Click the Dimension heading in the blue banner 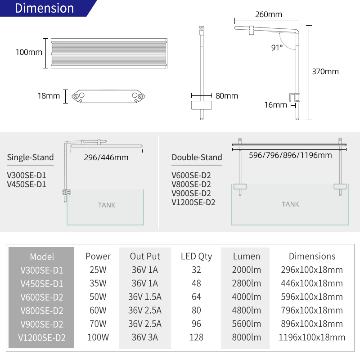point(44,9)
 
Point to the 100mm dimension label point(29,52)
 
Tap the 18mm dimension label point(49,96)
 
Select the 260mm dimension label point(268,15)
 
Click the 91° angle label point(277,47)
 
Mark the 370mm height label point(325,72)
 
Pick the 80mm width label point(227,96)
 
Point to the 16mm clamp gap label point(275,105)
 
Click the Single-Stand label point(30,157)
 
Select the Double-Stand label point(197,157)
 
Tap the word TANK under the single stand point(107,205)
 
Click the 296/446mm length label point(106,157)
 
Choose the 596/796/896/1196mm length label point(290,155)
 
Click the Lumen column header point(246,256)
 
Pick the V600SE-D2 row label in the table point(41,297)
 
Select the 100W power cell point(98,337)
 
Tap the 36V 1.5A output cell point(144,297)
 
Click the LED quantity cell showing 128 point(196,337)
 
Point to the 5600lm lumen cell point(246,324)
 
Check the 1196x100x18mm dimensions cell point(312,337)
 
